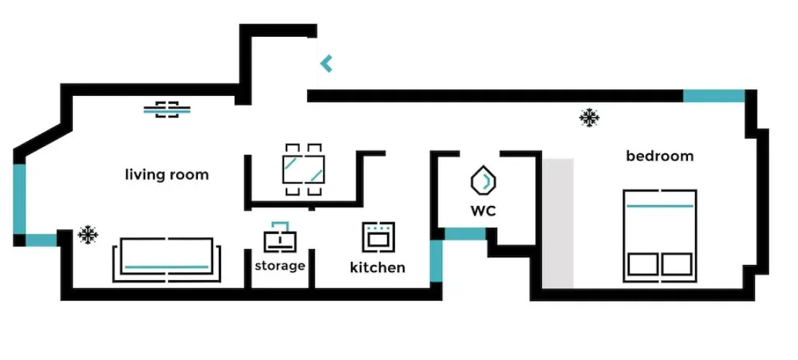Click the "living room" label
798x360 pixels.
tap(167, 174)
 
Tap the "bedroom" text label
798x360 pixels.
tap(659, 156)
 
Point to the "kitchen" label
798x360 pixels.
tap(377, 268)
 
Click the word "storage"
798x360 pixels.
tap(280, 266)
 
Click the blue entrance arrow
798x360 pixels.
tap(326, 63)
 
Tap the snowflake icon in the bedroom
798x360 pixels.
tap(590, 117)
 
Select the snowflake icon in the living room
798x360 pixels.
tap(88, 233)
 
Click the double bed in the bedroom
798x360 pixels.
tap(659, 234)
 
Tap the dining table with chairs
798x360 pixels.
tap(303, 170)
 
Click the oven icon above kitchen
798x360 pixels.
tap(378, 236)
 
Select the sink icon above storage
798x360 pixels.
tap(279, 235)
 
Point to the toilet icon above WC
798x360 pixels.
tap(484, 181)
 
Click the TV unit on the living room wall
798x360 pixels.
tap(167, 110)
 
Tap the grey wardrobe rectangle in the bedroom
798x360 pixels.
tap(558, 223)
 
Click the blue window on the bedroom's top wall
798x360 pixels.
tap(713, 96)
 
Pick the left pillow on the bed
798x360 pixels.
tap(642, 264)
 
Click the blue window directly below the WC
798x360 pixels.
tap(464, 234)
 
